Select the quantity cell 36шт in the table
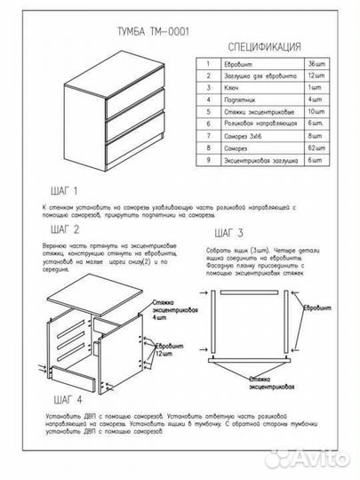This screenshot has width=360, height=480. tap(317, 65)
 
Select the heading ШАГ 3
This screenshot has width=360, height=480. tap(228, 233)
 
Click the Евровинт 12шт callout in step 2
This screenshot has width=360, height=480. tap(170, 348)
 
